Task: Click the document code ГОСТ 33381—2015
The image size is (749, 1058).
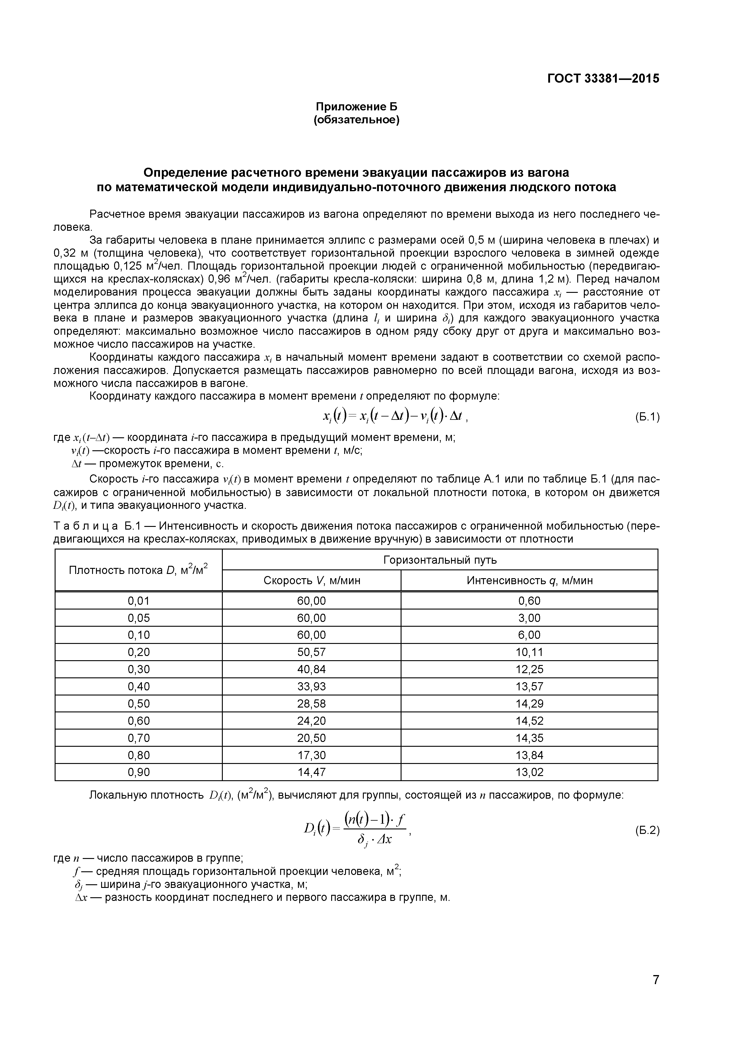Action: (603, 79)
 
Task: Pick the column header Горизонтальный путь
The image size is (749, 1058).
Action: (440, 560)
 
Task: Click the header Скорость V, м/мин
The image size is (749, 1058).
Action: (312, 581)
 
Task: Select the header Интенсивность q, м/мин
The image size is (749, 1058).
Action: (530, 581)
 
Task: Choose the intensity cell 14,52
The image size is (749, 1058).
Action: (530, 721)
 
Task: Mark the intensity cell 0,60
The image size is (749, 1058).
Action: (530, 601)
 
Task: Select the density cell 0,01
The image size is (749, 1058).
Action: (138, 601)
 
